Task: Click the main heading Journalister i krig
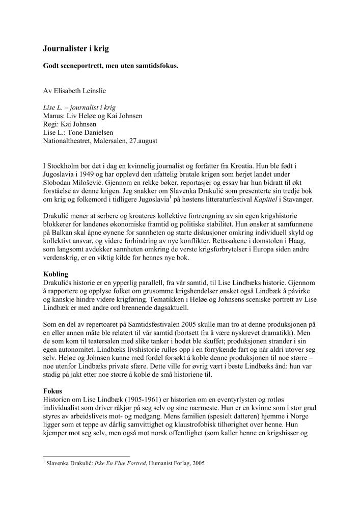coord(75,49)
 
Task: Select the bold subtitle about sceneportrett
coord(110,66)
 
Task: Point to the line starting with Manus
coord(93,116)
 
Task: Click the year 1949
coord(87,174)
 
